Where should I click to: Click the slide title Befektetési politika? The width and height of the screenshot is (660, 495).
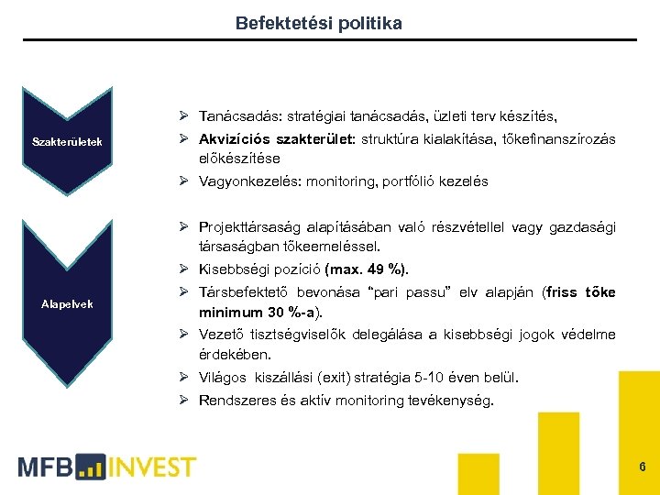point(318,23)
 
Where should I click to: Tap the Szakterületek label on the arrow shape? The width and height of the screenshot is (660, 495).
point(67,141)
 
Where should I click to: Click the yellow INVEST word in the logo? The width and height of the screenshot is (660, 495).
point(152,467)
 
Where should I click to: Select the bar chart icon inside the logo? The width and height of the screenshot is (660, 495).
point(92,467)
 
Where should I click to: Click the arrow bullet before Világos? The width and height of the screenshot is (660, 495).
point(184,378)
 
